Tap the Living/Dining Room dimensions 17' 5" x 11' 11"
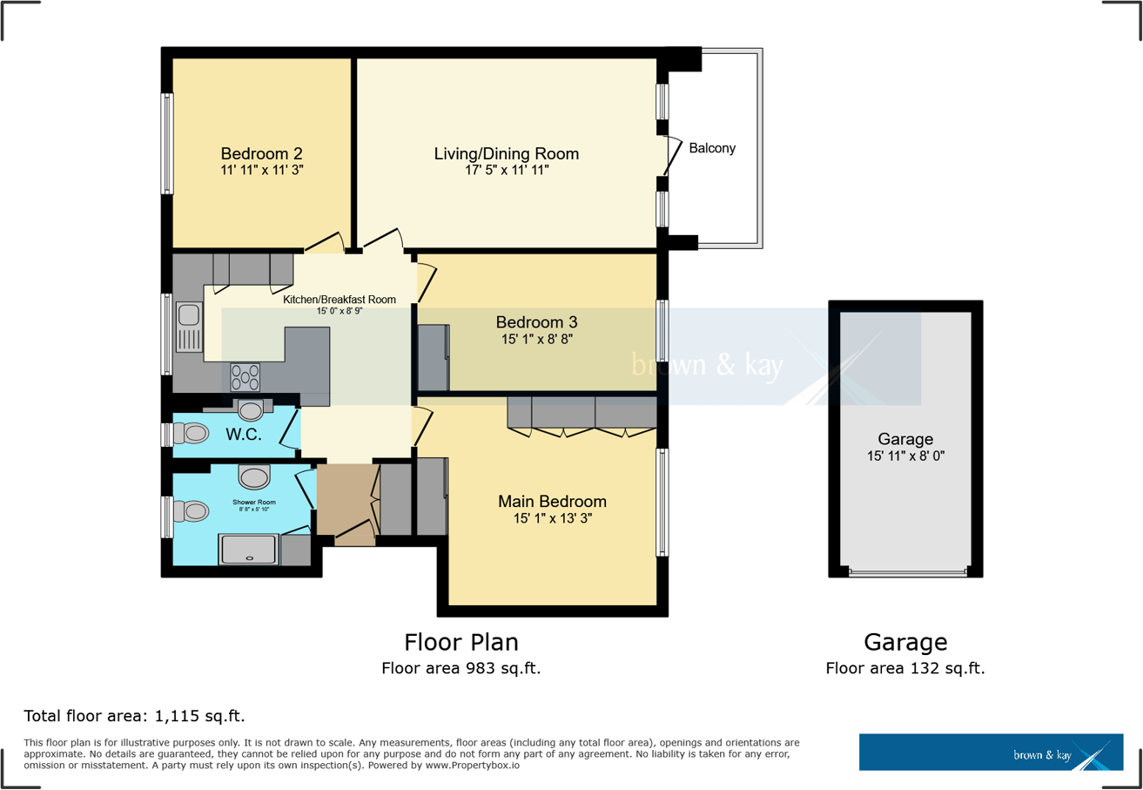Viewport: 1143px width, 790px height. (506, 170)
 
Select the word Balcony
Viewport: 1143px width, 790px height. (712, 148)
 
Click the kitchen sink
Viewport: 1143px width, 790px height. (189, 327)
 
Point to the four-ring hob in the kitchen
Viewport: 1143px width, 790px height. (245, 377)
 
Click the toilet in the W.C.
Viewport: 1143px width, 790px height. (191, 433)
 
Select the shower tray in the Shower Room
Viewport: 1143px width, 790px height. (249, 550)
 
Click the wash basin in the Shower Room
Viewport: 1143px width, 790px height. (254, 476)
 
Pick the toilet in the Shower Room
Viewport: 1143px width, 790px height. (190, 511)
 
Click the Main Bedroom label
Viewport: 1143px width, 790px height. (552, 502)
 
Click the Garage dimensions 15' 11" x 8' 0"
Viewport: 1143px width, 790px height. (904, 456)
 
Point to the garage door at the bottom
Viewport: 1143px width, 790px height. (906, 572)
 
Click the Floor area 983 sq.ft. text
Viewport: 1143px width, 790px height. (461, 668)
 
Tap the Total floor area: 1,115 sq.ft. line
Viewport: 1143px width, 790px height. (134, 717)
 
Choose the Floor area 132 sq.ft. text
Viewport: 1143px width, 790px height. (904, 668)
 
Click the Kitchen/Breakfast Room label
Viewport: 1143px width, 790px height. (340, 299)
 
